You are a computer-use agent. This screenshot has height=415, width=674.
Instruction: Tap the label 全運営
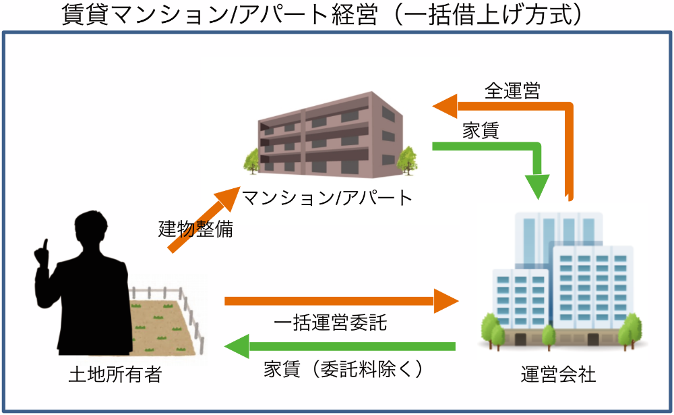(x=512, y=91)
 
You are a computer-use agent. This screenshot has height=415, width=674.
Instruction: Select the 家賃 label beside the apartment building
(x=481, y=130)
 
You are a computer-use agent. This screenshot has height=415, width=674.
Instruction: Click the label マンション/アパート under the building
(x=327, y=198)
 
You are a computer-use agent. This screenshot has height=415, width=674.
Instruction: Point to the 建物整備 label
(x=195, y=229)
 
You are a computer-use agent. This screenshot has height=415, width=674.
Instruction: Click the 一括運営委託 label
(x=330, y=323)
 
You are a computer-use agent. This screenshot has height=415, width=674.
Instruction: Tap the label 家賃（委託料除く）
(x=344, y=369)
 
